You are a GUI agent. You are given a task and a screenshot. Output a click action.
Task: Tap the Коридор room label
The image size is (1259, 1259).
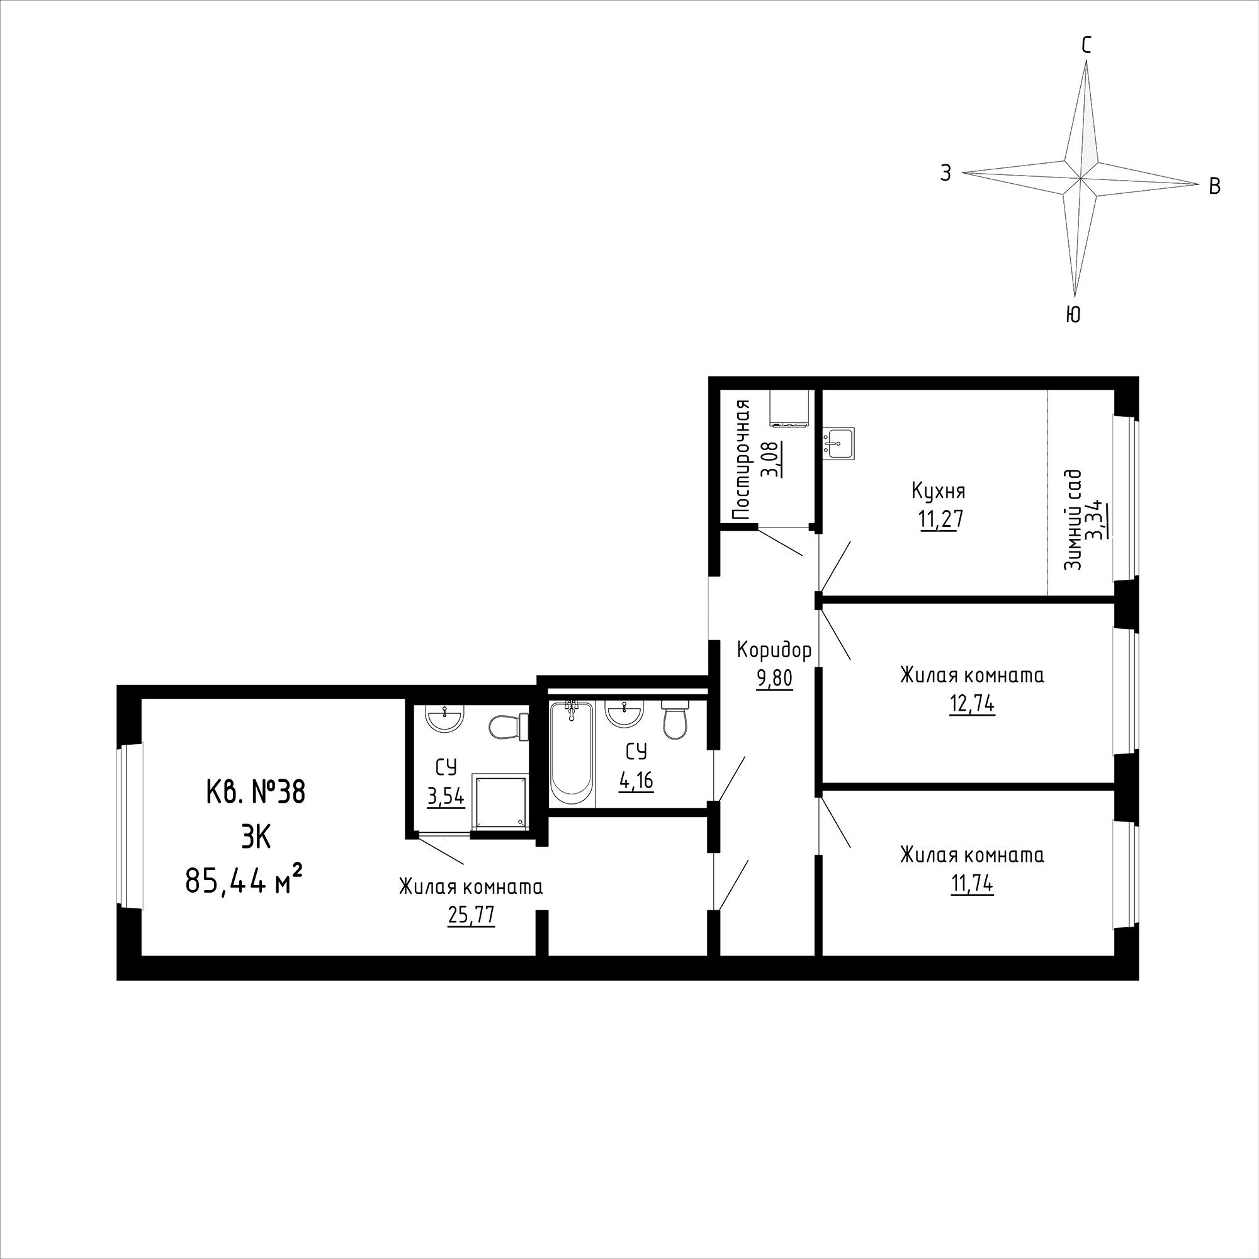774,650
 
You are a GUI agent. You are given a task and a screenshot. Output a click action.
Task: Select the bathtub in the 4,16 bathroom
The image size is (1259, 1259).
572,755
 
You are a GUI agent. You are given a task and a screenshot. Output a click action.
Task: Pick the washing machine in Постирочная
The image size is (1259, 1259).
789,409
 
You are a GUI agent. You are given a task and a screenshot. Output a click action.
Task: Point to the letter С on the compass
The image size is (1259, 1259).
1087,44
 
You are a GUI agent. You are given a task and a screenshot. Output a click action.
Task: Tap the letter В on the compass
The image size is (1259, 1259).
1215,186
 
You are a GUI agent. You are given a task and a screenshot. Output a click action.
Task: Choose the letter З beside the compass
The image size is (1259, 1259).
945,172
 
